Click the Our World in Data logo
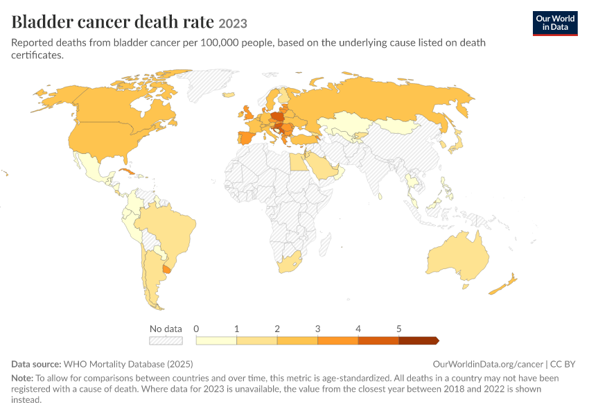coord(555,24)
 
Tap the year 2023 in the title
coord(233,24)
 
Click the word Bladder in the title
coord(42,21)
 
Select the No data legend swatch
coord(166,340)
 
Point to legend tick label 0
coord(196,329)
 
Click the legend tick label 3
coord(318,329)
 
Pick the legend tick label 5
coord(399,329)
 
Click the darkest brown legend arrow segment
coord(419,340)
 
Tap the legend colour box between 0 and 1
coord(216,340)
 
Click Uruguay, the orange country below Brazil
coord(166,268)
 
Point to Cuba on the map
coord(127,172)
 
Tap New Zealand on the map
coord(503,284)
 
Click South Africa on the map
coord(289,262)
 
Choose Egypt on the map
coord(299,162)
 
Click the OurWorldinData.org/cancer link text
coord(488,364)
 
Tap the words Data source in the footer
coord(36,364)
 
